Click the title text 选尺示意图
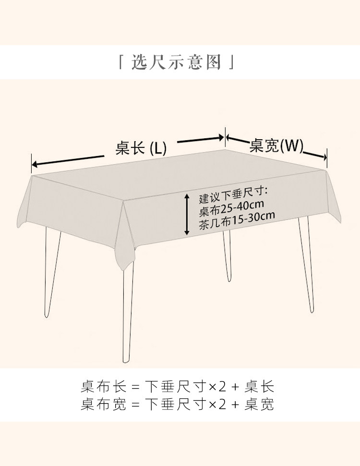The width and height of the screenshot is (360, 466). tap(176, 63)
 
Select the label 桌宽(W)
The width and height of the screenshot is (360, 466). tap(276, 145)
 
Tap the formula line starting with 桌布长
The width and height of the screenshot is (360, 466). tap(177, 387)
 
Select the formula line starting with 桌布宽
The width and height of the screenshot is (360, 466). tap(177, 405)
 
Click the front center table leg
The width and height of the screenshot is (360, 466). tap(127, 312)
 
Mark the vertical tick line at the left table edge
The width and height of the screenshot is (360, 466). tap(32, 163)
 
